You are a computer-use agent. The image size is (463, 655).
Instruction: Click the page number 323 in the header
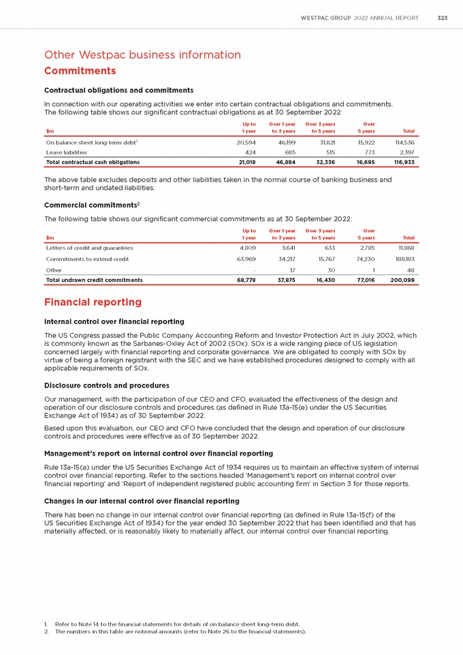[x=442, y=18]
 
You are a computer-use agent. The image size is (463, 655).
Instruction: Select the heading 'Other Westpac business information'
[x=142, y=54]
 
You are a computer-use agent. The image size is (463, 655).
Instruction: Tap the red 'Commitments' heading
[x=80, y=71]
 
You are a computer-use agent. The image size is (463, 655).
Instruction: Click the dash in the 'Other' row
[x=254, y=270]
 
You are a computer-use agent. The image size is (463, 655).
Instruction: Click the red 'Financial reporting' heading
[x=93, y=302]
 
